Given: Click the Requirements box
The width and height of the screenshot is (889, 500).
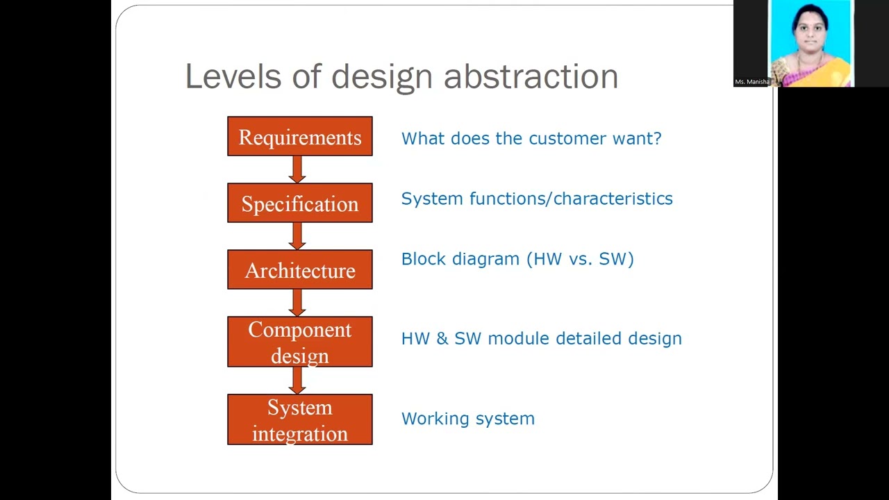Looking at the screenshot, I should coord(300,137).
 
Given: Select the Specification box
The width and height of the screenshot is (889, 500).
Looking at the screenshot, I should coord(300,203).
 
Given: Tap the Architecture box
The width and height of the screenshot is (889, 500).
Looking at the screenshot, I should coord(300,270).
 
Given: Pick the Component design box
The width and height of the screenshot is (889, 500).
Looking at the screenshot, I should coord(300,342).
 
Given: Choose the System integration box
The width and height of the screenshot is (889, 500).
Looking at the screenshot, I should coord(300,419).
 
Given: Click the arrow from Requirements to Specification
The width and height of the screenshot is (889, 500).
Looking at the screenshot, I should coord(298,169).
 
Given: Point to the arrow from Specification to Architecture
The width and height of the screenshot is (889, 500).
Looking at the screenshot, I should coord(298,236).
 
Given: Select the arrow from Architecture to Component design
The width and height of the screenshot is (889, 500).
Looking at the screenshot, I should coord(298,303).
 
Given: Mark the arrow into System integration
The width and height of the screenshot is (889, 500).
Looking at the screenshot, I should coord(298,381).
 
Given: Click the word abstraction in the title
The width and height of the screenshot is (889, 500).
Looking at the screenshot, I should coord(531,76).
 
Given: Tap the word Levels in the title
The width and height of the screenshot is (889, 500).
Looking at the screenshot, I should coord(233,76).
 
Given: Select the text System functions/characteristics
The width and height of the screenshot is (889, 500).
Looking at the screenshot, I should coord(537,199).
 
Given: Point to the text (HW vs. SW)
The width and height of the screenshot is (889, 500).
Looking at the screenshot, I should coord(580,259).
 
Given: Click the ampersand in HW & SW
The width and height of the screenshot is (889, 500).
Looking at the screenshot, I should coord(442,339).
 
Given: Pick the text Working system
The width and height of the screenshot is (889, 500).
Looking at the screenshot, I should coord(468,419).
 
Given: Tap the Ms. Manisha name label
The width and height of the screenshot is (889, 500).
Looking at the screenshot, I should coord(752,82).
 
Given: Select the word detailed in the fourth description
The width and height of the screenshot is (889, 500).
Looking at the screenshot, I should coord(588,339).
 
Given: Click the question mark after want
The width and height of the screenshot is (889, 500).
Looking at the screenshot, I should coord(657,138).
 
